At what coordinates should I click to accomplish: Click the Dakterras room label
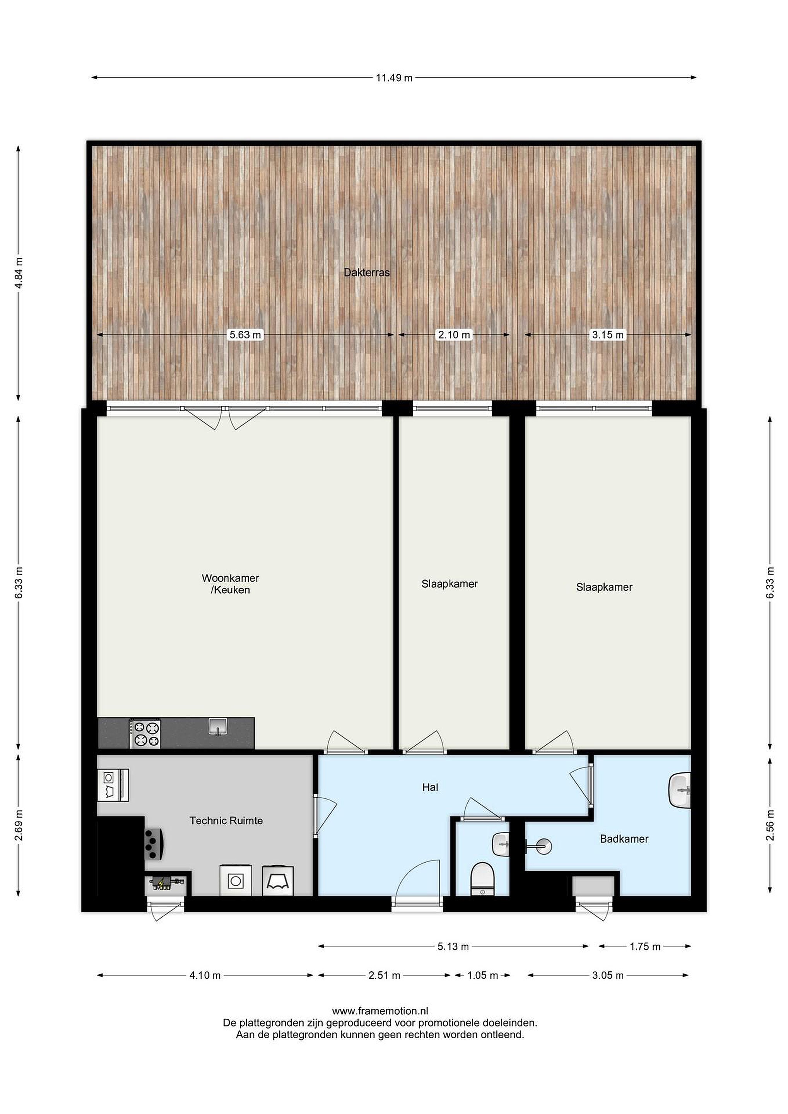coord(367,273)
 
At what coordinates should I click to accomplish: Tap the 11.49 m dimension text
coord(394,78)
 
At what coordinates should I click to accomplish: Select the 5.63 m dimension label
coord(246,335)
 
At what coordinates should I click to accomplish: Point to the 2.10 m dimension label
coord(454,335)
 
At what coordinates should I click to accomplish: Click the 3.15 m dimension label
coord(608,335)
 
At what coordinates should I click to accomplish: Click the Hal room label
coord(430,788)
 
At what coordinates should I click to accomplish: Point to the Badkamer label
coord(624,839)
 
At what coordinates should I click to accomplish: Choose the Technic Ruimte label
coord(226,820)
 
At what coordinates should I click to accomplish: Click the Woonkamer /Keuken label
coord(231,584)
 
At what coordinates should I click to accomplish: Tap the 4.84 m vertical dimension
coord(19,273)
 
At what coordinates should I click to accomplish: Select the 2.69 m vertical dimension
coord(19,826)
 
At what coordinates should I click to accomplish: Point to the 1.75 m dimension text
coord(645,947)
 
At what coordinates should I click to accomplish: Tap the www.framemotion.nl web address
coord(380,1011)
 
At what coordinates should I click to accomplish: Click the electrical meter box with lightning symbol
coord(164,883)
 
